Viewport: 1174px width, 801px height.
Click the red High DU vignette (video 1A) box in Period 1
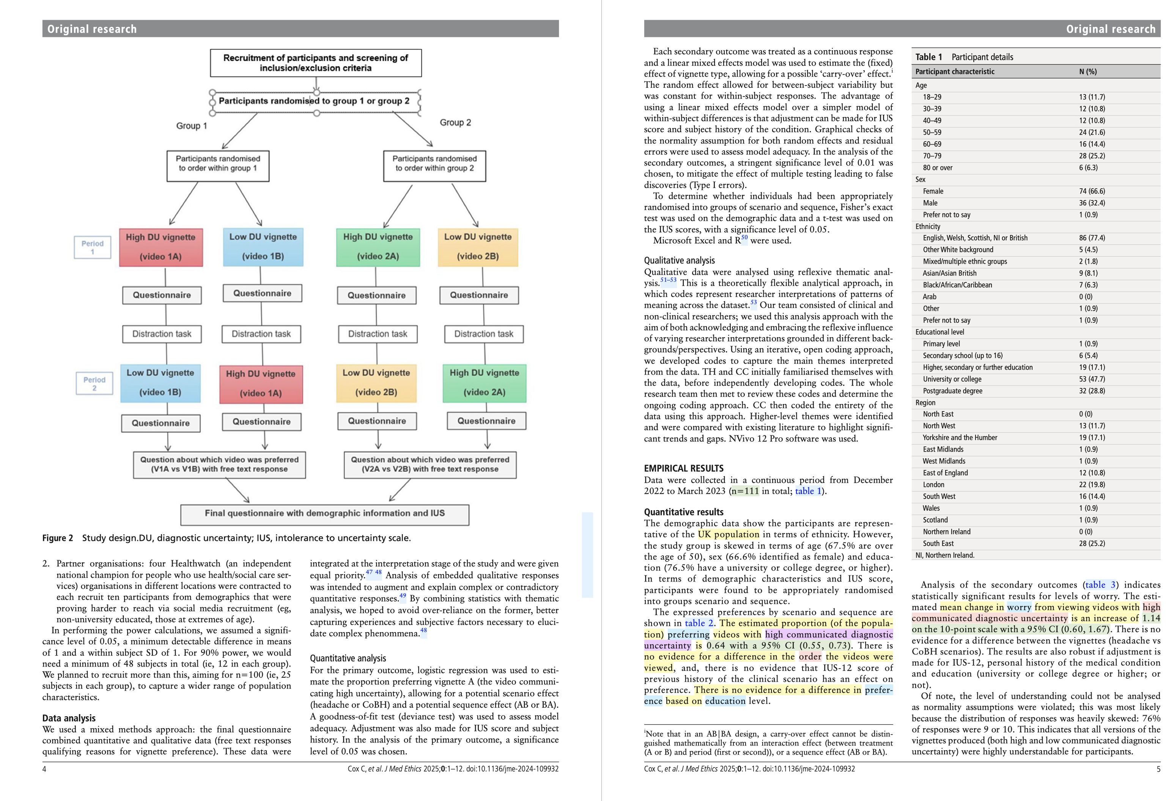pos(161,247)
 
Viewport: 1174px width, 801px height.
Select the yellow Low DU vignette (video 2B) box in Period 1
pos(477,247)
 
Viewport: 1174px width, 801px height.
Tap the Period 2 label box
pos(94,383)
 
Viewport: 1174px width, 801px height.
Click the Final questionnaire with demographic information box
pos(324,514)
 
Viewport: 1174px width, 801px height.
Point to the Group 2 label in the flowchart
pos(455,123)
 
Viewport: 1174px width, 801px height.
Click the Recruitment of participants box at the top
pos(316,63)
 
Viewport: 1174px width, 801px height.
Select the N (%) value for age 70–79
pos(1092,156)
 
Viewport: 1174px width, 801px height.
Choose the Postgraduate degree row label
pos(952,391)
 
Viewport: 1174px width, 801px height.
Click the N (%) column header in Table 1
pos(1087,72)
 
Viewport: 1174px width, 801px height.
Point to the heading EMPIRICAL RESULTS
pos(683,468)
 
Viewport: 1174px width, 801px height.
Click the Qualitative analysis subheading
pos(679,261)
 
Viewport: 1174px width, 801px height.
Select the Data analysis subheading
pos(69,718)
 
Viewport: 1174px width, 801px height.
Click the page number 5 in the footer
pos(1158,769)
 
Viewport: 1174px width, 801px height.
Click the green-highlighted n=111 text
pos(744,491)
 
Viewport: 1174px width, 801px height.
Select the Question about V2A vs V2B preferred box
pos(430,464)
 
